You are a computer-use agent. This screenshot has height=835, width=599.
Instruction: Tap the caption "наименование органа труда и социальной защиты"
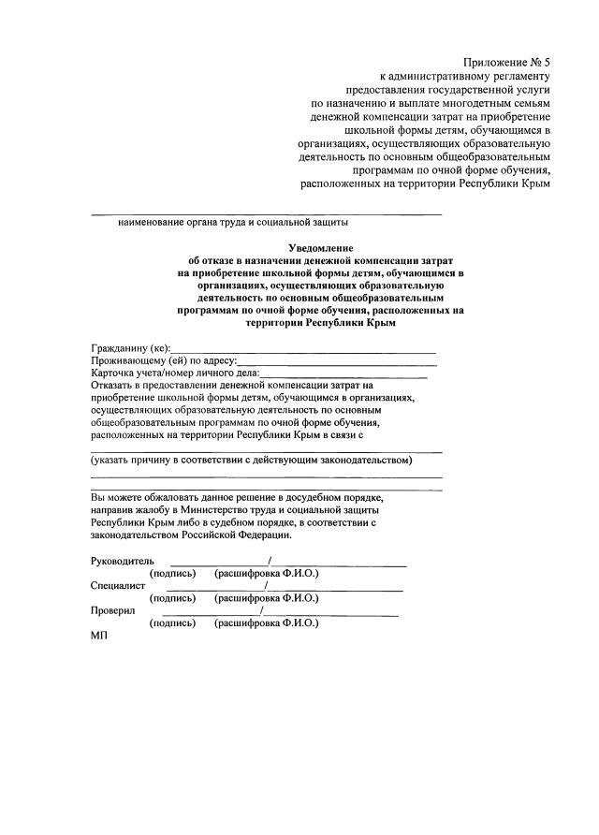(233, 223)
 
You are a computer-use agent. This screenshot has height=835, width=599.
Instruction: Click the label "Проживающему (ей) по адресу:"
(164, 360)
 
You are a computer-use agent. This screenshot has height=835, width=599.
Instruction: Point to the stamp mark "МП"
(99, 636)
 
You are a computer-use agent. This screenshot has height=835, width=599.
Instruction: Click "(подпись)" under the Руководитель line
(173, 572)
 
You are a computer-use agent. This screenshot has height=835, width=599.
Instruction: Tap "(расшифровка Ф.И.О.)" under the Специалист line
(267, 597)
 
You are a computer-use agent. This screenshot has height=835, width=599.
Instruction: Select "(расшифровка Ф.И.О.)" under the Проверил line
(267, 623)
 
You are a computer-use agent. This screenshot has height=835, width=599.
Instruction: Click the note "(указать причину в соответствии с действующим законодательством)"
(252, 460)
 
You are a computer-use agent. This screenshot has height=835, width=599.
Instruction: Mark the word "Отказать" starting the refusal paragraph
(115, 385)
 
